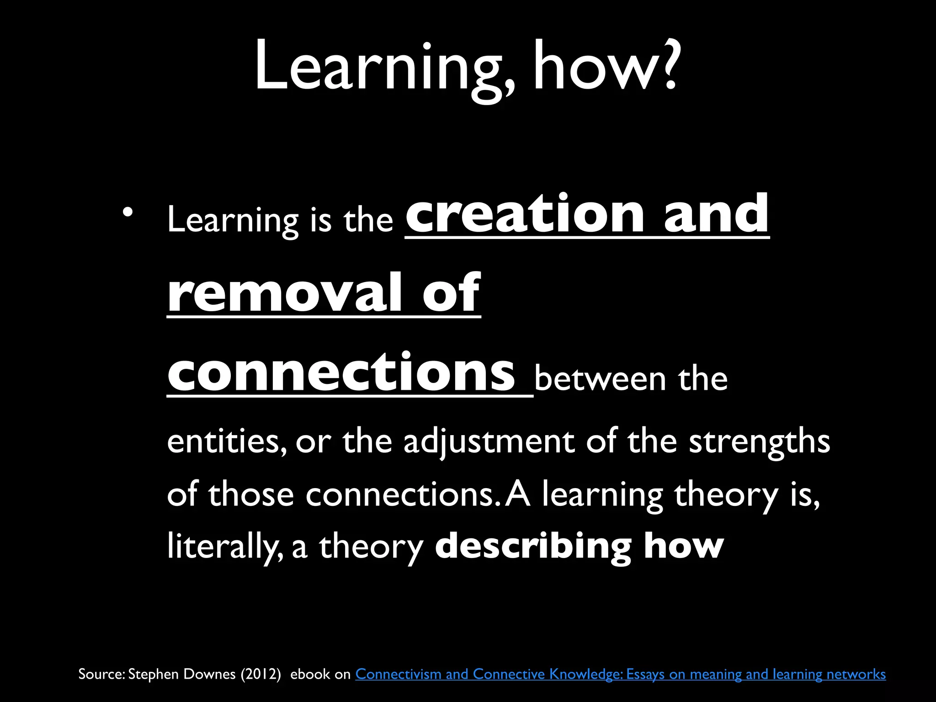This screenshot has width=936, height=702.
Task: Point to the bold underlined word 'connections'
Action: (x=341, y=372)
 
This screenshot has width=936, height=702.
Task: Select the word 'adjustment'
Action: (x=489, y=442)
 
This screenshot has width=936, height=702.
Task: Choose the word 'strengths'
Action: (x=759, y=442)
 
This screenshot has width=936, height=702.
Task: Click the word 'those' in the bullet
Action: (x=251, y=495)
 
